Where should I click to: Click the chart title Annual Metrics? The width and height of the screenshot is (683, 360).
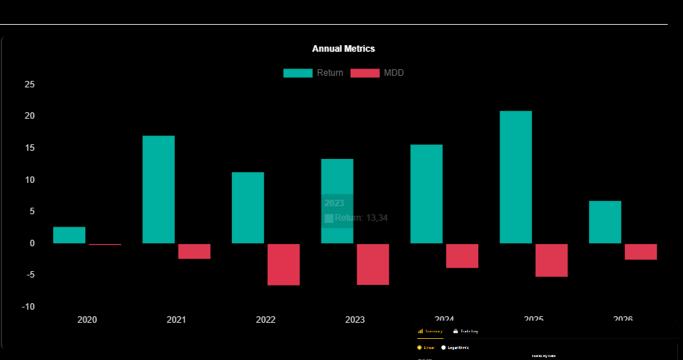pos(343,49)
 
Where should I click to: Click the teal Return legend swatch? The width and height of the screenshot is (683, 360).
pos(298,73)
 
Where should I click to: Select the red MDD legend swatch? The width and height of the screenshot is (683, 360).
pos(365,73)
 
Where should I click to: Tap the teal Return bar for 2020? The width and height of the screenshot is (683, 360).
pos(69,235)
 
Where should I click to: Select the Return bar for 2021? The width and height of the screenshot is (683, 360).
pos(158,189)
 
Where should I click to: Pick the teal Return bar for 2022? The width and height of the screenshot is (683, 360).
pos(248,208)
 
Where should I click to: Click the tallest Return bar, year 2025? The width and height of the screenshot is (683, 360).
pos(515,177)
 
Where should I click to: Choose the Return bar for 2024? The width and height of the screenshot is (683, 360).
pos(426,194)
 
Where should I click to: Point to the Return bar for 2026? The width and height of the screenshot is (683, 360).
pos(605,222)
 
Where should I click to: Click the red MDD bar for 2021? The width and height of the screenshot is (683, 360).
pos(194,251)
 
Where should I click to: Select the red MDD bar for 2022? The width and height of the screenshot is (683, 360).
pos(284,265)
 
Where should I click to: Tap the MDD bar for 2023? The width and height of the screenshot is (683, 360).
pos(372,265)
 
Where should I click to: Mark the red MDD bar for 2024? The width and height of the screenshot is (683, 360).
pos(462,256)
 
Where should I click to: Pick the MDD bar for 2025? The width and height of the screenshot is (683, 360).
pos(551,260)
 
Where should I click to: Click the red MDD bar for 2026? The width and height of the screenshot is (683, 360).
pos(641,251)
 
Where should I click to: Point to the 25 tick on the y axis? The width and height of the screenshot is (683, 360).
pos(30,85)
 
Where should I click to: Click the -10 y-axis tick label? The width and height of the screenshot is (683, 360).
pos(28,307)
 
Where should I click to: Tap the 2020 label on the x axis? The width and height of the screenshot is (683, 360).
pos(87,320)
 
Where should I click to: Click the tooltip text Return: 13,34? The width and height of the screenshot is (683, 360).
pos(362,218)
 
